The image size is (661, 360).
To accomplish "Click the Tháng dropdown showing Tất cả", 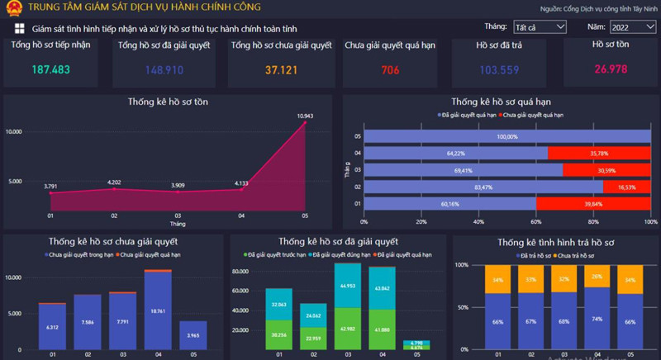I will click(x=539, y=28).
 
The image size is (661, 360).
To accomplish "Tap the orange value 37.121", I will click(x=280, y=70).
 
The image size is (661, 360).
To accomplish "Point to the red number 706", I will click(x=390, y=70).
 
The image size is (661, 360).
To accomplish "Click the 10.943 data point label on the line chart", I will click(x=305, y=115).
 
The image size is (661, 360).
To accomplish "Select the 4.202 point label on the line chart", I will click(x=114, y=182).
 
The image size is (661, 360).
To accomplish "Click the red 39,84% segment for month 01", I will click(x=592, y=203).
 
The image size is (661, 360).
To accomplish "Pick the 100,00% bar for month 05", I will click(x=506, y=136).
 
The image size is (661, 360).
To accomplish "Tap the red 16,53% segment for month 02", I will click(x=626, y=187).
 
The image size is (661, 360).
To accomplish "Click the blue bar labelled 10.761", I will click(x=158, y=310).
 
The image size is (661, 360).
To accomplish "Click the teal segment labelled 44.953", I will click(x=347, y=286).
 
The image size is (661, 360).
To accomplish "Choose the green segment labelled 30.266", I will click(x=278, y=335).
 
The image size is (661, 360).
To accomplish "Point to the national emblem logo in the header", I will click(x=12, y=8).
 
